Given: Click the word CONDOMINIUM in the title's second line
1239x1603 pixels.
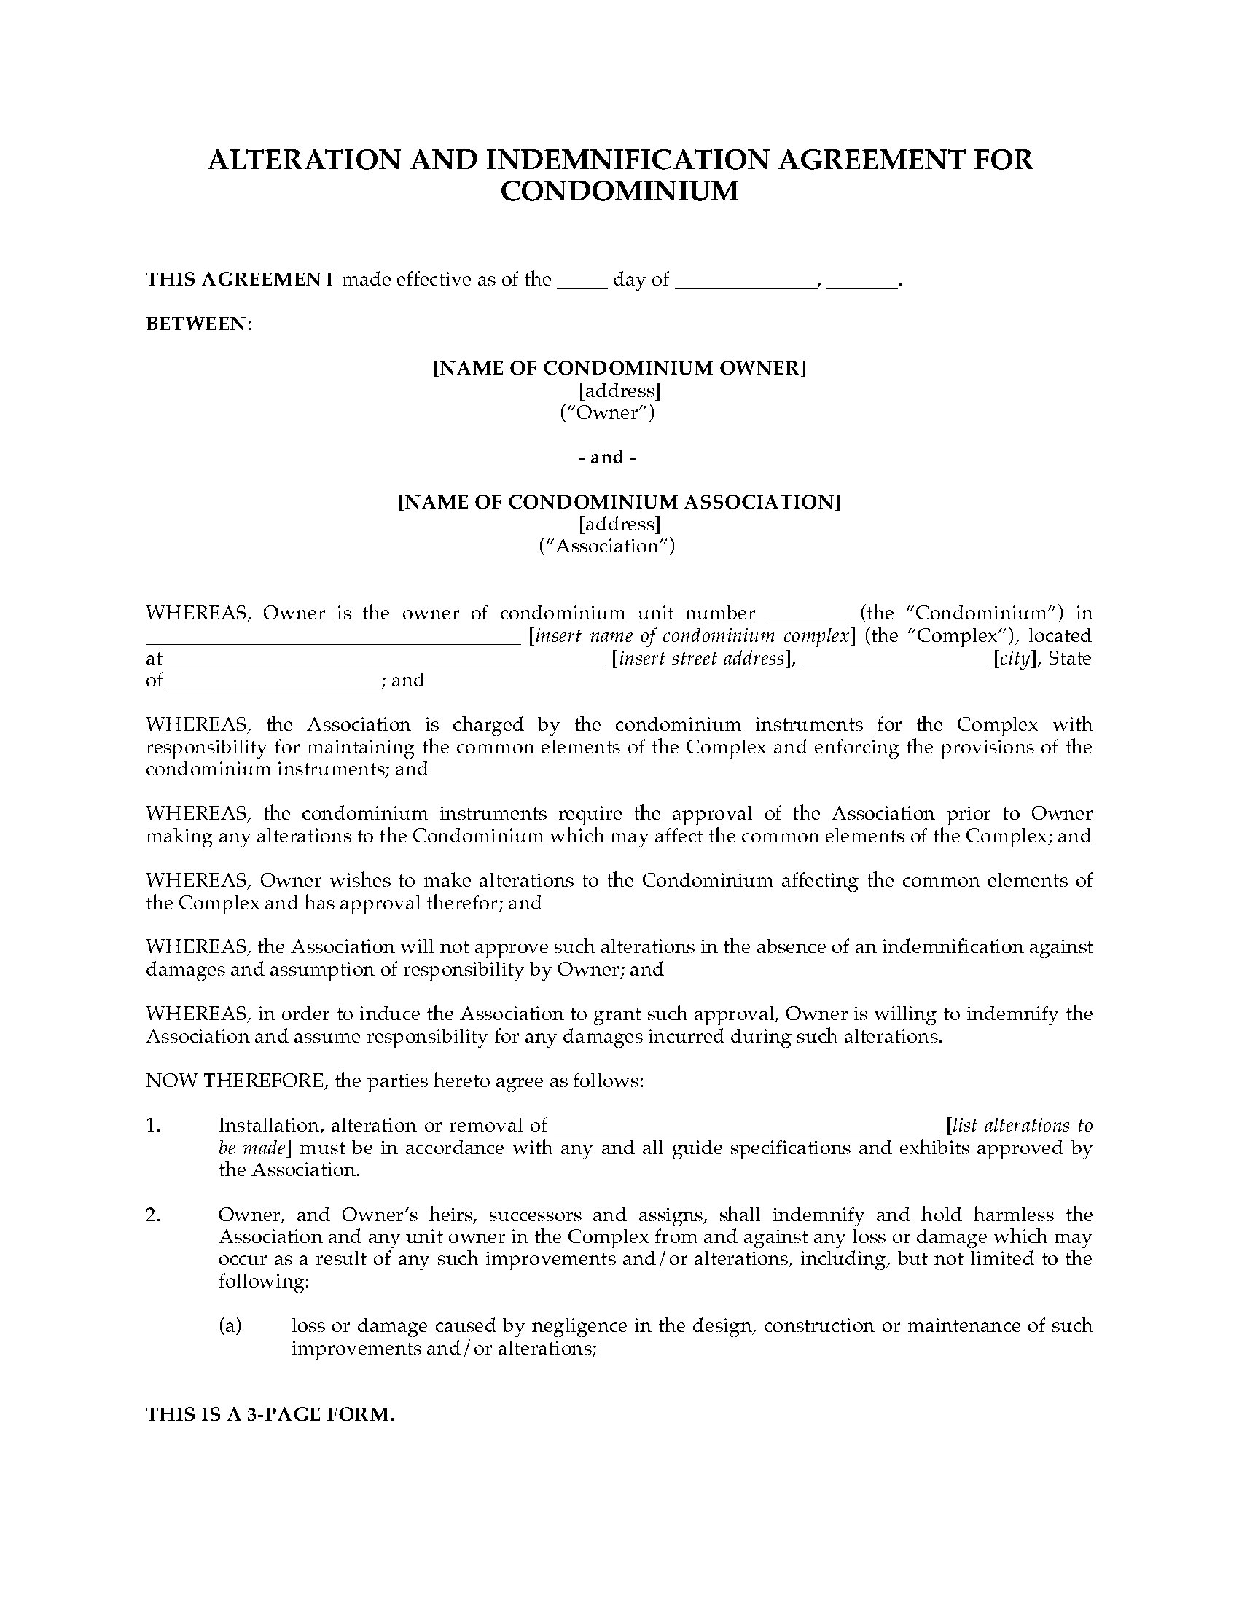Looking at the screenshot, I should click(x=619, y=192).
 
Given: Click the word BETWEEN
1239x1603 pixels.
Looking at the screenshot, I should click(x=198, y=324).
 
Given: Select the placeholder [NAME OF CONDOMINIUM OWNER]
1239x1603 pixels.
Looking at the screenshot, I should click(x=619, y=369).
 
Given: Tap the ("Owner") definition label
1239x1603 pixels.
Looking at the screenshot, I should click(x=607, y=413).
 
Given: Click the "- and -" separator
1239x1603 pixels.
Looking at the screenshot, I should click(x=607, y=458).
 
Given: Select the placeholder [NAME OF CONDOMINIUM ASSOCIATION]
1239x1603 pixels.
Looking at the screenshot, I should click(x=619, y=502).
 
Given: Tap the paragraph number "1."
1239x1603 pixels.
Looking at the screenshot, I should click(x=152, y=1126).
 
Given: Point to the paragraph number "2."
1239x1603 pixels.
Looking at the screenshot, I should click(x=152, y=1215).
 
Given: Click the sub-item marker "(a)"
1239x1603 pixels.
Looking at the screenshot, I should click(x=230, y=1326).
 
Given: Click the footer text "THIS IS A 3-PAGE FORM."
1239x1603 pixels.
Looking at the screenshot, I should click(x=270, y=1416).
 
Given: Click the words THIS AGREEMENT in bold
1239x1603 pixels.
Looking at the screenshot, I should click(x=241, y=280).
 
